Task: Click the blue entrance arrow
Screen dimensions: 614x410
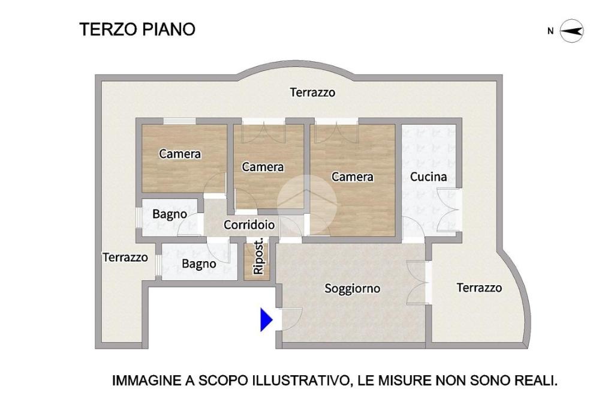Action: (266, 319)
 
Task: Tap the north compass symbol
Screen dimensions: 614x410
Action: (571, 31)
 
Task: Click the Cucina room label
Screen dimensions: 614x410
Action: (428, 176)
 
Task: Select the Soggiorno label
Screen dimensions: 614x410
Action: (353, 289)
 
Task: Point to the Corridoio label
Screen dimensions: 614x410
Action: (249, 225)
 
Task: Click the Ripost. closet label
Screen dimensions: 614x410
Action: (258, 257)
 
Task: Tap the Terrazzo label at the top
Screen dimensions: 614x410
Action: (312, 92)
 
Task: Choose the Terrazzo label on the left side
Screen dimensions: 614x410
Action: (125, 257)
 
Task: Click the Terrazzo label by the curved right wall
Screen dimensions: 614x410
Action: (479, 288)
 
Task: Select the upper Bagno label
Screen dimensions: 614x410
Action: (170, 214)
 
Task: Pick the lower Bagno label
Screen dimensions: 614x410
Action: (199, 264)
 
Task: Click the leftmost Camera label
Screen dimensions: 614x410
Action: (180, 154)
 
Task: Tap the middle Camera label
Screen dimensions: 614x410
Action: (263, 167)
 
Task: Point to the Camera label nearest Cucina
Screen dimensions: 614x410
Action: (353, 176)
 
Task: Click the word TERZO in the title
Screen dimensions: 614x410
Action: (108, 29)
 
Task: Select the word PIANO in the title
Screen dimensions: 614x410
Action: (168, 29)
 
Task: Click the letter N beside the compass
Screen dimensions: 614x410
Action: (550, 31)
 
